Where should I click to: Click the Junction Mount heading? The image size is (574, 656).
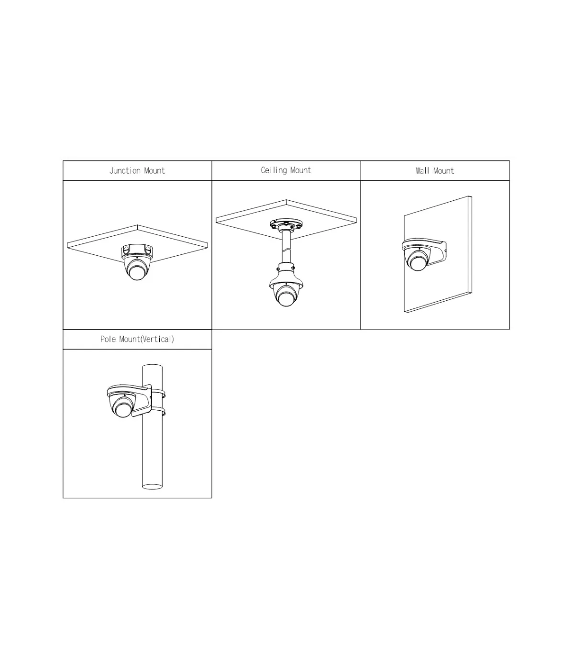(x=137, y=171)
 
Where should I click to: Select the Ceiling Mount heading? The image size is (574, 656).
(x=286, y=170)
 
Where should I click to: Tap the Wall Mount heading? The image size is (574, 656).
(x=435, y=171)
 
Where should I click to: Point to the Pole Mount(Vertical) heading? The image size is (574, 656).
(x=137, y=339)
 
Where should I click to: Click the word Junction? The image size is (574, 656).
(x=125, y=171)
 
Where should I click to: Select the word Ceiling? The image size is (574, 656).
(x=274, y=170)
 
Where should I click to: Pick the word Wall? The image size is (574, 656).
(x=422, y=171)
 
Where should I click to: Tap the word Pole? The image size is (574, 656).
(x=108, y=339)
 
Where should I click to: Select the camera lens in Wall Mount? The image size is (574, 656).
(x=417, y=263)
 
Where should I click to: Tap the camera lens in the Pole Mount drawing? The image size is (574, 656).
(x=122, y=409)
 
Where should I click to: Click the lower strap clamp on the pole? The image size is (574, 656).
(x=159, y=411)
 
